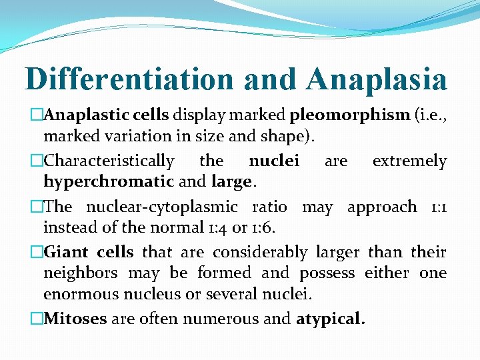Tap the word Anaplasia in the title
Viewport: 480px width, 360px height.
click(377, 79)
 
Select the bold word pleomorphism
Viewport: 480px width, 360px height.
click(349, 115)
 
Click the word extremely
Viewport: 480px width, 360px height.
click(409, 161)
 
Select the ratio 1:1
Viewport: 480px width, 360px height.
click(437, 207)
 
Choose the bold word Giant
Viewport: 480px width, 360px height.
click(67, 253)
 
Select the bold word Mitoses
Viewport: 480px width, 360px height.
click(75, 319)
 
